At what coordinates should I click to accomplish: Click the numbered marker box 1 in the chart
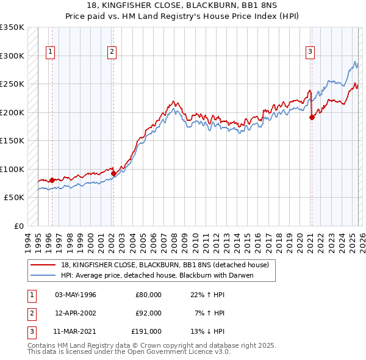(x=49, y=52)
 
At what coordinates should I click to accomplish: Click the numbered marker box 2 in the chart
(x=112, y=52)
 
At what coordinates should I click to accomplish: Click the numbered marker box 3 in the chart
(x=310, y=52)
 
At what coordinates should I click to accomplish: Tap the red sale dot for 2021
(x=312, y=118)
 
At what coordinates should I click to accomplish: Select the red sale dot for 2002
(x=113, y=173)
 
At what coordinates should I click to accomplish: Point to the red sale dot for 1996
(x=52, y=180)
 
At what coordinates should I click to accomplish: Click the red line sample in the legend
(x=43, y=265)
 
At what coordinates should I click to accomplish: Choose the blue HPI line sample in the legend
(x=43, y=275)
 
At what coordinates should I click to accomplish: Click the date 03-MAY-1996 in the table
(x=76, y=295)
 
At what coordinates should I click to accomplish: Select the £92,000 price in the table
(x=148, y=313)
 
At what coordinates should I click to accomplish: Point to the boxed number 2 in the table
(x=31, y=313)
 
